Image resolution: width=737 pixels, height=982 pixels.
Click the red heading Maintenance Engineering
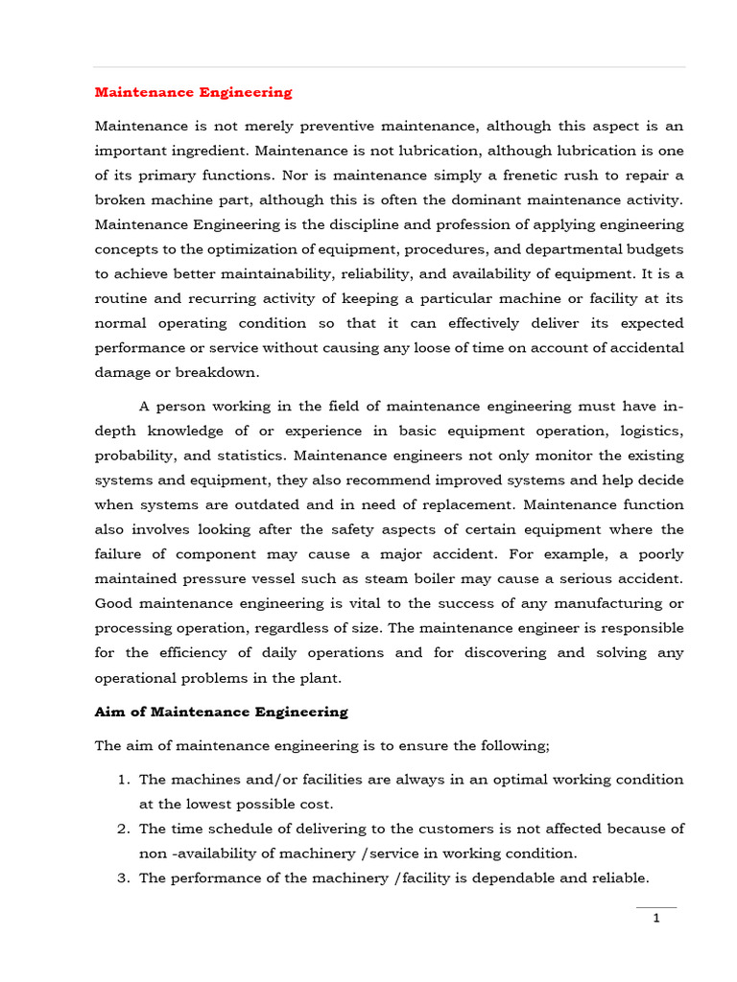(193, 93)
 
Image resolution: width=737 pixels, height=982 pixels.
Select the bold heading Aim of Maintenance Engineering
(221, 713)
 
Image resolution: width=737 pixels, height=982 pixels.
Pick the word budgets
(652, 250)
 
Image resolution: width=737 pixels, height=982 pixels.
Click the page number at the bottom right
(656, 919)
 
